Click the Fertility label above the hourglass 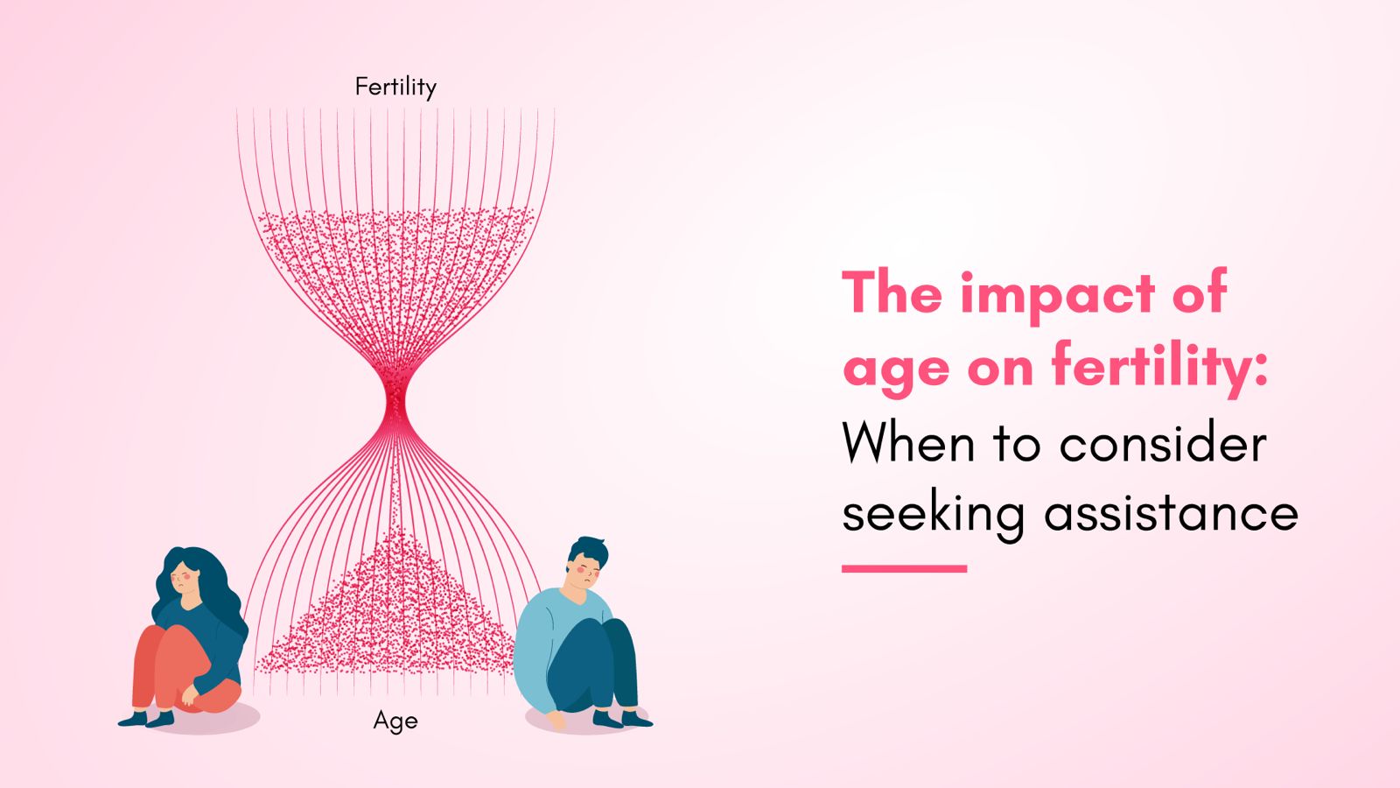coord(395,87)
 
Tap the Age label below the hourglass coord(395,721)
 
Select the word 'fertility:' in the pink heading coord(1160,367)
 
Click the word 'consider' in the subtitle coord(1163,443)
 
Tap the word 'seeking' coord(933,515)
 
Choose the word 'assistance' coord(1172,513)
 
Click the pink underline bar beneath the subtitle coord(905,568)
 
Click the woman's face coord(185,579)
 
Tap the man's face coord(582,573)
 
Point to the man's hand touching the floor coord(556,721)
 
